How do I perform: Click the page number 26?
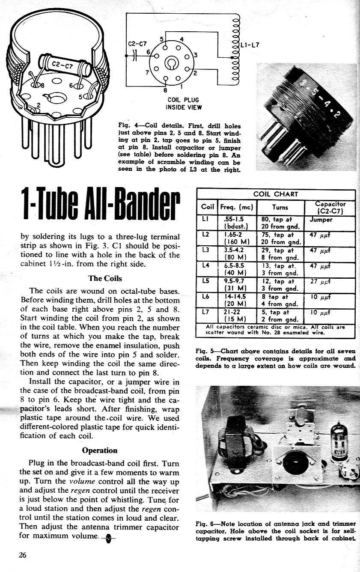tap(23, 555)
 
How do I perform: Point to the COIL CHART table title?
tap(275, 194)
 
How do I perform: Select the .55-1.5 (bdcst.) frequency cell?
tap(236, 223)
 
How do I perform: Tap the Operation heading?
tap(99, 450)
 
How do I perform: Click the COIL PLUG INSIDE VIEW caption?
tap(183, 104)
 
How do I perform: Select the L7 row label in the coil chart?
tap(205, 312)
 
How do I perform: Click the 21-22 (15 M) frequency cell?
tap(236, 315)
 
